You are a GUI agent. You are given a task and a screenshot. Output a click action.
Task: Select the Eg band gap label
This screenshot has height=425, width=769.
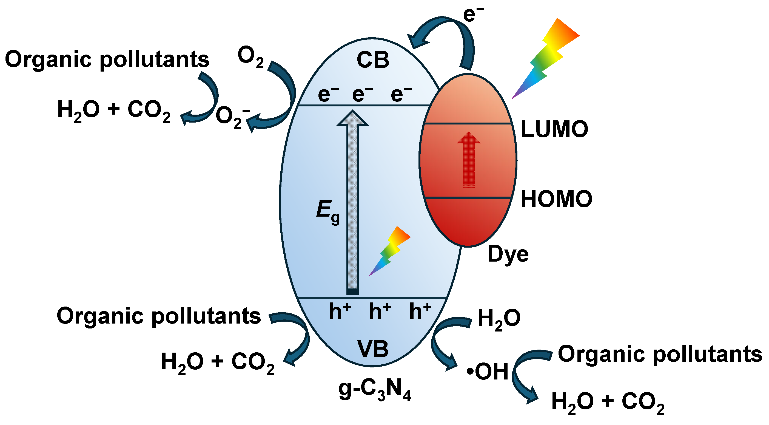click(x=327, y=211)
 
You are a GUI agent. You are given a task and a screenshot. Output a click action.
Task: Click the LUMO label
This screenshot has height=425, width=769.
click(x=554, y=129)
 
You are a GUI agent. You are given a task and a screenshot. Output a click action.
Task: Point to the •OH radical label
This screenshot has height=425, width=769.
click(x=488, y=372)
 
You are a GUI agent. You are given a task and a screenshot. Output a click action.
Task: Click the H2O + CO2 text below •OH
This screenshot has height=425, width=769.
click(x=608, y=402)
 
